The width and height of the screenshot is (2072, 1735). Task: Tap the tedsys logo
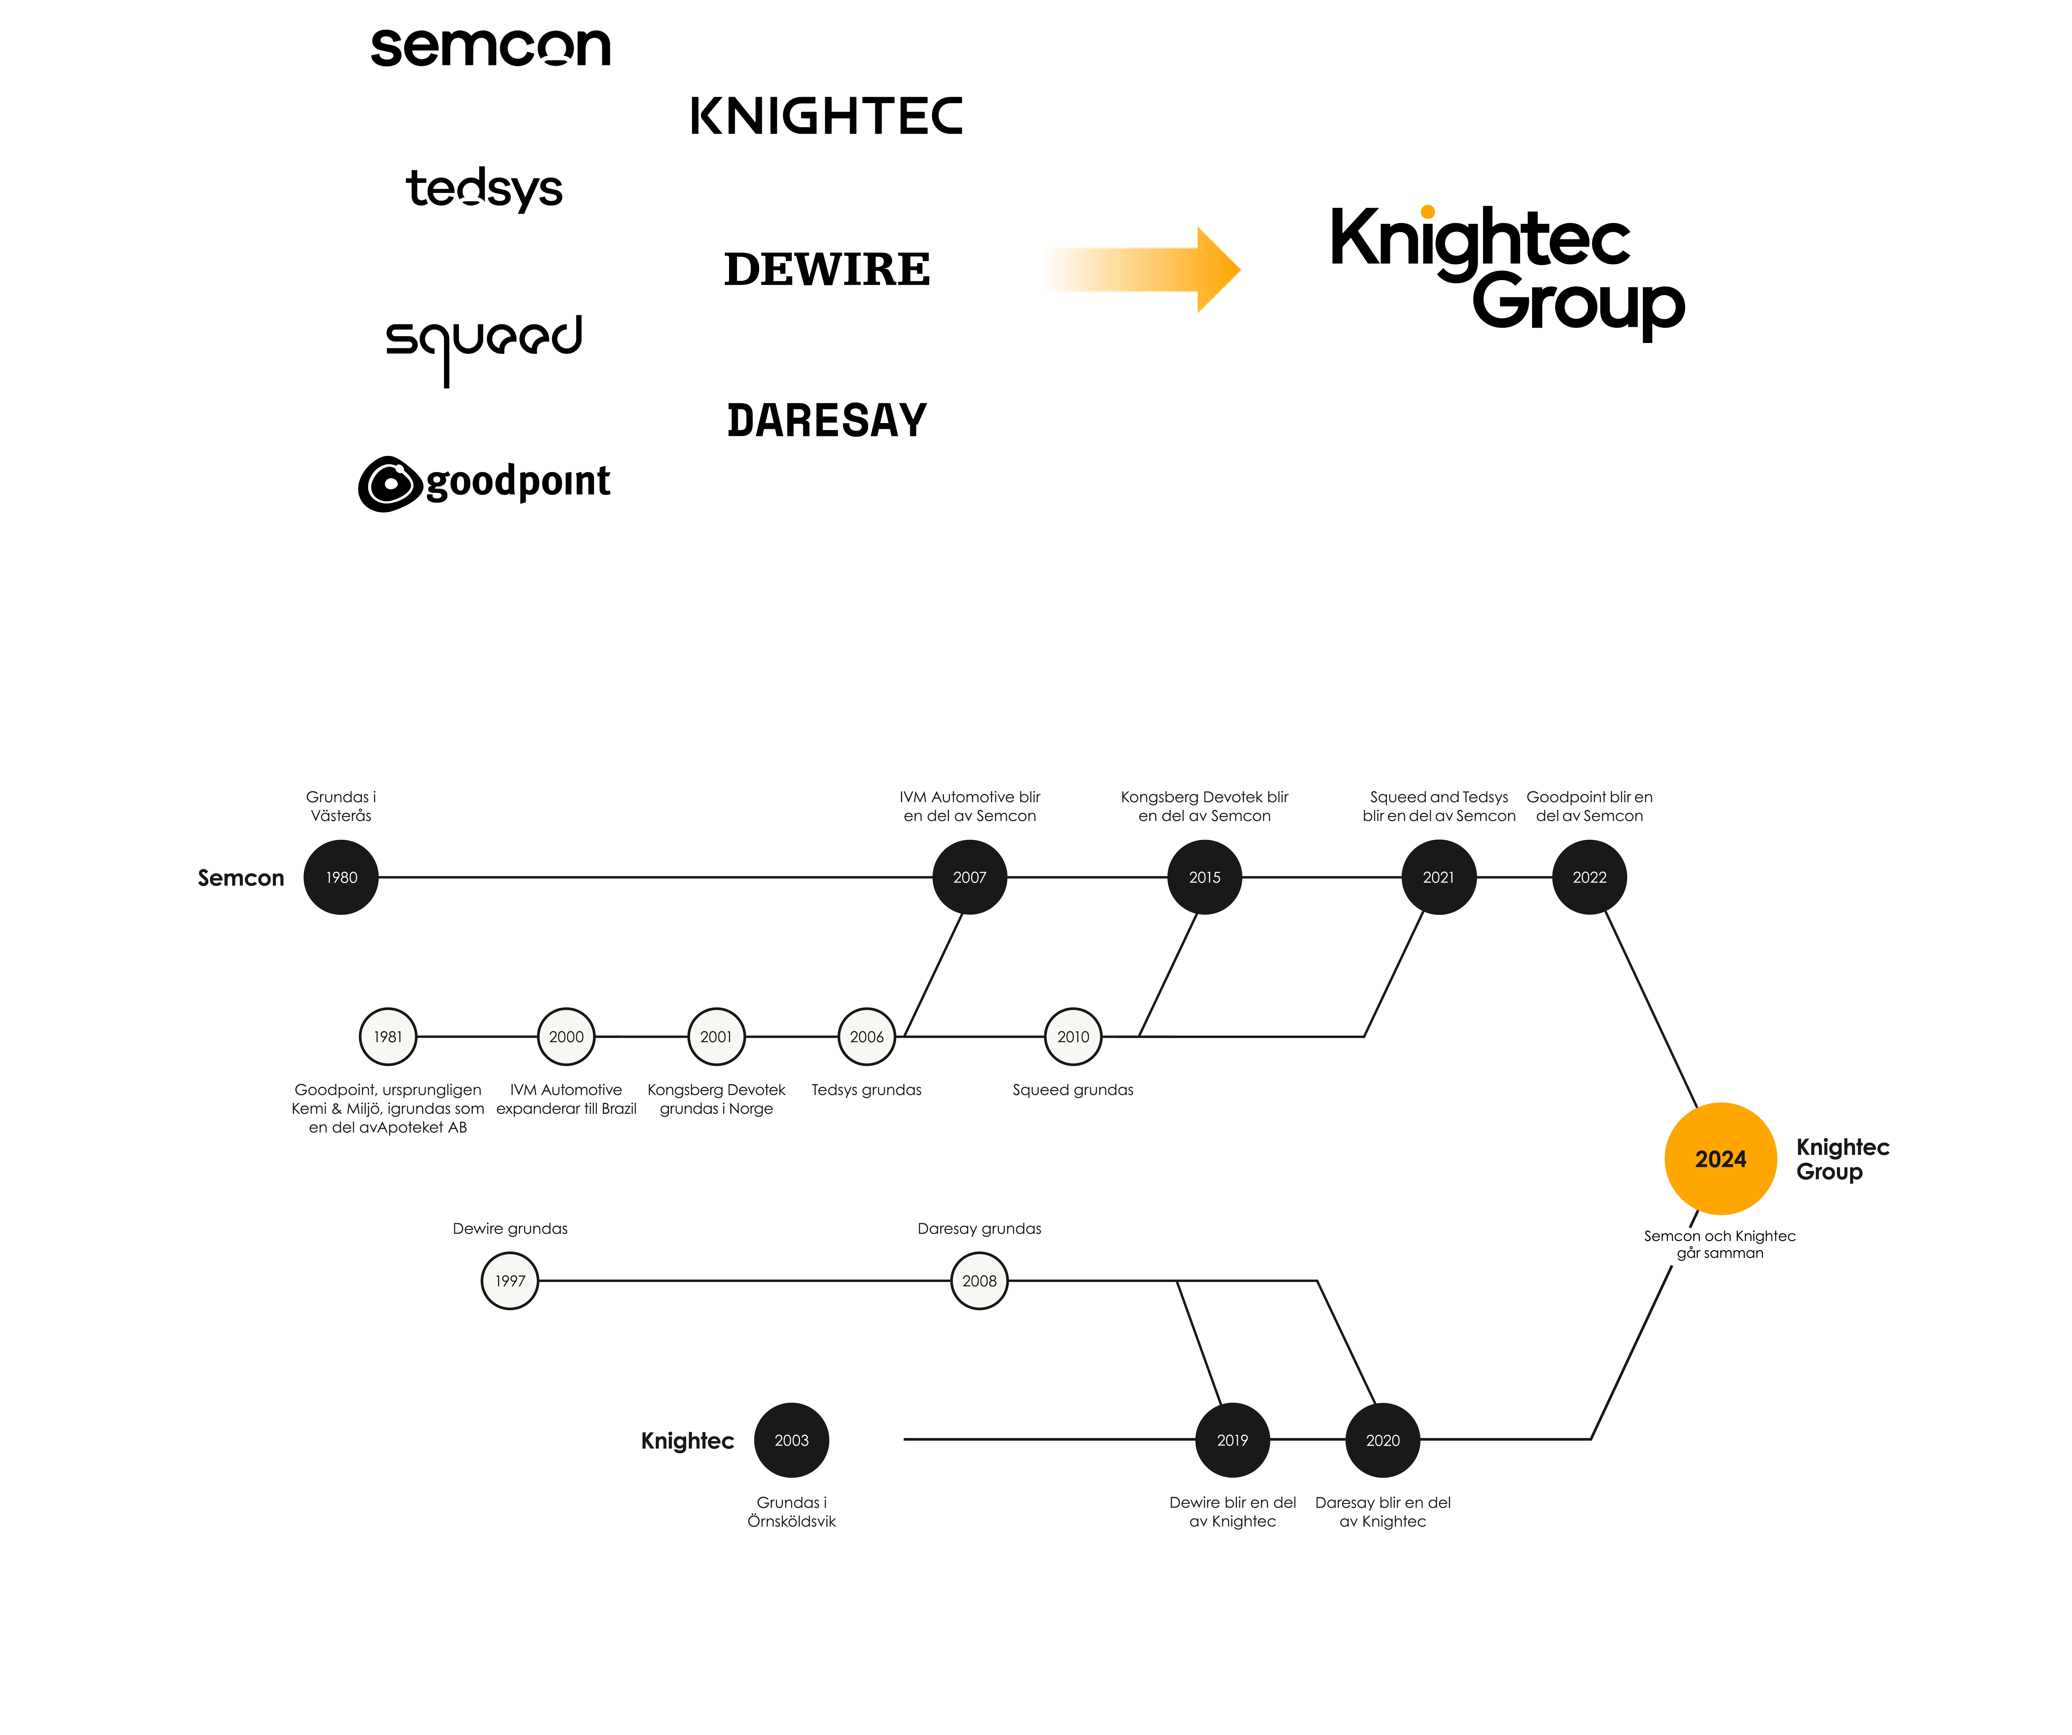(x=484, y=188)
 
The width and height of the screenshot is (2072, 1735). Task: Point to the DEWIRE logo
(x=827, y=269)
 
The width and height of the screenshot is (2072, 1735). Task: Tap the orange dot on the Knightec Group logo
(x=1428, y=211)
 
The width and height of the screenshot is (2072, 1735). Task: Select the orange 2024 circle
(x=1721, y=1159)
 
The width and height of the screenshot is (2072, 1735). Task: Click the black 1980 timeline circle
(x=341, y=877)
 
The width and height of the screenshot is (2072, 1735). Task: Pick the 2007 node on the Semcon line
(x=970, y=877)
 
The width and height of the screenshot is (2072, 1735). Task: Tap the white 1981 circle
(x=388, y=1037)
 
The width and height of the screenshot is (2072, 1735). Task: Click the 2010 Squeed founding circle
(x=1073, y=1037)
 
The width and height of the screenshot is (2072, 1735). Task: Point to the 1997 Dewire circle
(x=510, y=1280)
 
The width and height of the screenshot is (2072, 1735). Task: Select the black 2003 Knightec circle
(x=791, y=1440)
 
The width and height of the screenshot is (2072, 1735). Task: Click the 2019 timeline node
(x=1232, y=1440)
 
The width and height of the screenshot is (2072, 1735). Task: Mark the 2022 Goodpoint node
(x=1589, y=877)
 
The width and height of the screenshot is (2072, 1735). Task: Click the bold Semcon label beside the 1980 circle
(x=241, y=878)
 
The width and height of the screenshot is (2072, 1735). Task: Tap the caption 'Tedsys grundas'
(x=866, y=1090)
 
